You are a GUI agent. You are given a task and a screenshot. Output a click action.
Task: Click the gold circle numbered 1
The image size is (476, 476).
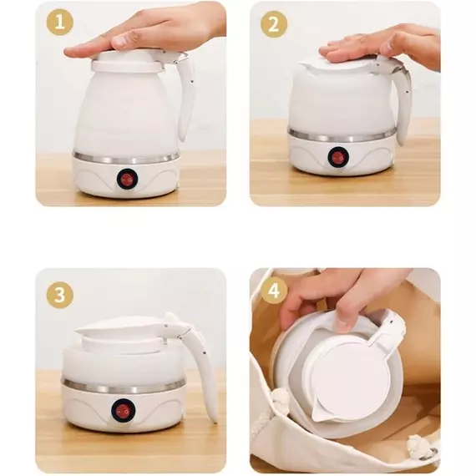coord(60,23)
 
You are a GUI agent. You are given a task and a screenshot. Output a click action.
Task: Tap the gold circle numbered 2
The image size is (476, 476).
coord(274,24)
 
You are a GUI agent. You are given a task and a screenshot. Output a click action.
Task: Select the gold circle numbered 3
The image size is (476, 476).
coord(60,295)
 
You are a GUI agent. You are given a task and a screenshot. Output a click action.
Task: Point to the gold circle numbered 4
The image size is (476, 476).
coord(274,291)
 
